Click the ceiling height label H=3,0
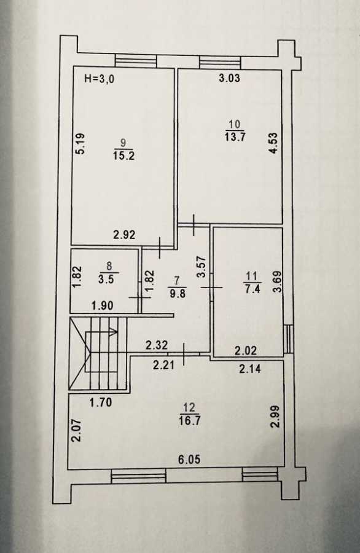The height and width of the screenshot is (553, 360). pyautogui.click(x=100, y=79)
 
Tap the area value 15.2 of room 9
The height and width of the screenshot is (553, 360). pyautogui.click(x=123, y=155)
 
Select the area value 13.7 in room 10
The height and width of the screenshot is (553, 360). pyautogui.click(x=235, y=136)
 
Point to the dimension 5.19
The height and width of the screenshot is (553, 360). pyautogui.click(x=80, y=143)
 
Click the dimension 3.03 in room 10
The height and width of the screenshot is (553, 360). pyautogui.click(x=230, y=78)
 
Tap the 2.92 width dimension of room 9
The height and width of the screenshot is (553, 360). pyautogui.click(x=124, y=235)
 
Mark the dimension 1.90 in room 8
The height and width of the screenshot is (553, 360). pyautogui.click(x=102, y=305)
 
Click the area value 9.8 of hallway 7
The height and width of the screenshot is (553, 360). pyautogui.click(x=178, y=293)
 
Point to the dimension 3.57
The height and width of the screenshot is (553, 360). pyautogui.click(x=202, y=267)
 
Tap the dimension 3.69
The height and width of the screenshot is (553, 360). pyautogui.click(x=278, y=281)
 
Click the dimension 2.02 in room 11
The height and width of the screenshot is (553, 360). pyautogui.click(x=246, y=351)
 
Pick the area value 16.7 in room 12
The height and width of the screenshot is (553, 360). pyautogui.click(x=190, y=421)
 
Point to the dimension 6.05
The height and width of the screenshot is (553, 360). pyautogui.click(x=189, y=459)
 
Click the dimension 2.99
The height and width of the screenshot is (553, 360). pyautogui.click(x=275, y=417)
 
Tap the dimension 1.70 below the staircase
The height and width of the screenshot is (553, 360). pyautogui.click(x=101, y=402)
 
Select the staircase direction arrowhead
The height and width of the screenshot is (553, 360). pyautogui.click(x=114, y=332)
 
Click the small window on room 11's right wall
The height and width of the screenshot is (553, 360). pyautogui.click(x=288, y=339)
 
